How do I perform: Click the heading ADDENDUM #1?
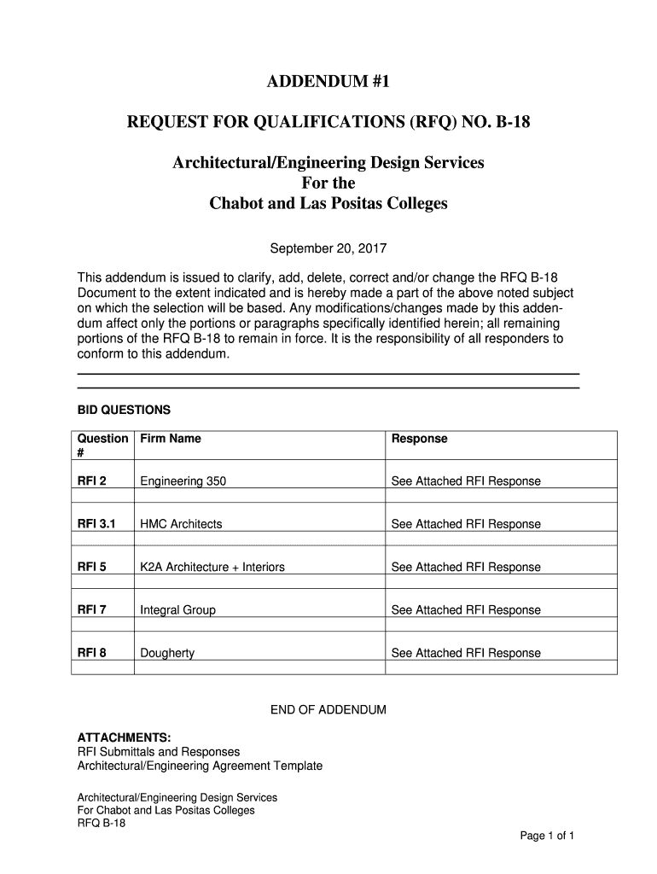pyautogui.click(x=328, y=83)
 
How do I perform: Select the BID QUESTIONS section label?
pyautogui.click(x=125, y=410)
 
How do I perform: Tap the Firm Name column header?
pyautogui.click(x=171, y=439)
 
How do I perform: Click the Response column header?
pyautogui.click(x=419, y=439)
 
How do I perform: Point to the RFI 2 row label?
pyautogui.click(x=92, y=481)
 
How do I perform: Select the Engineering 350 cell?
pyautogui.click(x=183, y=481)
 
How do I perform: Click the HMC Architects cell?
pyautogui.click(x=181, y=524)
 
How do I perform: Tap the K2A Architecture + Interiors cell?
pyautogui.click(x=212, y=567)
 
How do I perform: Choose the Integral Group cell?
pyautogui.click(x=177, y=610)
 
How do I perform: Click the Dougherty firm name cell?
pyautogui.click(x=167, y=653)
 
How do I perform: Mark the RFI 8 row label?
pyautogui.click(x=92, y=653)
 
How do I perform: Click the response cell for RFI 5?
pyautogui.click(x=466, y=567)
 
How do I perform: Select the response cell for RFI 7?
pyautogui.click(x=466, y=610)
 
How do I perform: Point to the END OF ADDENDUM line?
pyautogui.click(x=328, y=710)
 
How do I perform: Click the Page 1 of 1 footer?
pyautogui.click(x=547, y=836)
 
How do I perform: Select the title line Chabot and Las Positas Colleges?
pyautogui.click(x=328, y=205)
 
